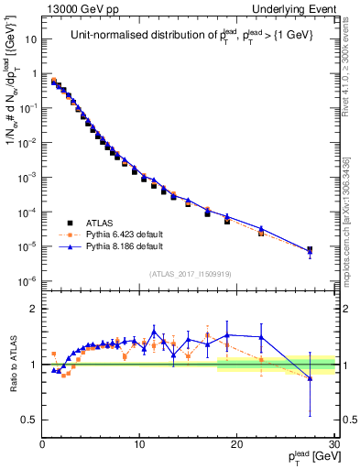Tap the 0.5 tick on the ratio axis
[30, 420]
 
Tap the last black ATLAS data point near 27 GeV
[310, 249]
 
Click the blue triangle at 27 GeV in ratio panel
[310, 377]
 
